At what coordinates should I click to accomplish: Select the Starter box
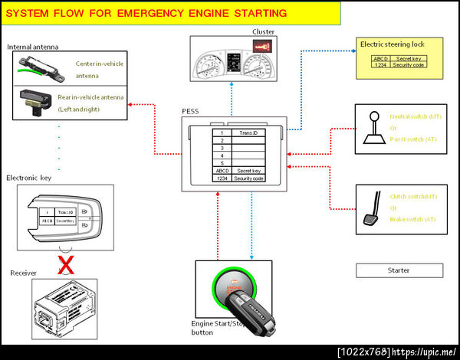pyautogui.click(x=399, y=270)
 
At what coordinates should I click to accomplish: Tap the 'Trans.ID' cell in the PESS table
pyautogui.click(x=248, y=133)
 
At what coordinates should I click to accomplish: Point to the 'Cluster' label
pyautogui.click(x=263, y=31)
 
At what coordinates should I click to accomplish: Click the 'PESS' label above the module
pyautogui.click(x=189, y=112)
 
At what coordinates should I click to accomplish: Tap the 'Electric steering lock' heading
pyautogui.click(x=392, y=44)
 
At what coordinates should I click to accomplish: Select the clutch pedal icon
pyautogui.click(x=373, y=212)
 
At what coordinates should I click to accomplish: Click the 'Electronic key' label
pyautogui.click(x=28, y=178)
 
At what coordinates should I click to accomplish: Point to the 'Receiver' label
pyautogui.click(x=23, y=273)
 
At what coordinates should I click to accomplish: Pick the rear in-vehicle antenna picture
pyautogui.click(x=32, y=100)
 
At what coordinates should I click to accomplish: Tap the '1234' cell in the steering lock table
pyautogui.click(x=379, y=65)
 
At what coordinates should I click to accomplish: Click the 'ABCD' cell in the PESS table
pyautogui.click(x=222, y=171)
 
